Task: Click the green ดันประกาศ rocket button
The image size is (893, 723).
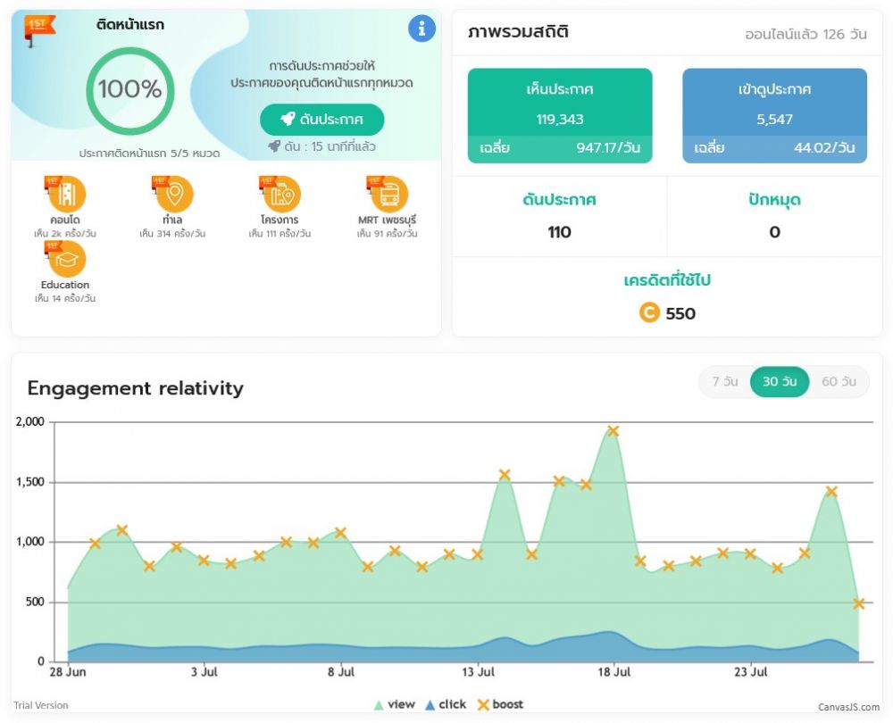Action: pyautogui.click(x=321, y=120)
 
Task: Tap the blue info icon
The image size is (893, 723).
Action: pyautogui.click(x=421, y=29)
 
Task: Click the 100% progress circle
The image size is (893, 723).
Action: pyautogui.click(x=129, y=89)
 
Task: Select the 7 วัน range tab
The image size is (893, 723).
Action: pyautogui.click(x=724, y=382)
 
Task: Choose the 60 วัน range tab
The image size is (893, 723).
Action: pyautogui.click(x=839, y=382)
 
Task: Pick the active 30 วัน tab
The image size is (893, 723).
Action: pyautogui.click(x=780, y=382)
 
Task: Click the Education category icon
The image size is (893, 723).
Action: pyautogui.click(x=67, y=259)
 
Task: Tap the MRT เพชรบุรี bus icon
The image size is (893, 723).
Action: pyautogui.click(x=388, y=194)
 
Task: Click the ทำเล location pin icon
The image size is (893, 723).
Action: pyautogui.click(x=174, y=194)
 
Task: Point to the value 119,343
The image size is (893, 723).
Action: pyautogui.click(x=560, y=119)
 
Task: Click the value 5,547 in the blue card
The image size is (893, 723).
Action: pyautogui.click(x=774, y=119)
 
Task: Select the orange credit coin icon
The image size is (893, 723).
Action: pyautogui.click(x=649, y=313)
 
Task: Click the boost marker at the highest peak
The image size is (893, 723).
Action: pyautogui.click(x=613, y=431)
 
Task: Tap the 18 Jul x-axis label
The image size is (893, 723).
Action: pyautogui.click(x=614, y=672)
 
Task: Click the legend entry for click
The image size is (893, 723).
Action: pyautogui.click(x=446, y=704)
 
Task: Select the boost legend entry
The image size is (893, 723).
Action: pyautogui.click(x=500, y=704)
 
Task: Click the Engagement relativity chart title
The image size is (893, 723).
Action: pyautogui.click(x=135, y=388)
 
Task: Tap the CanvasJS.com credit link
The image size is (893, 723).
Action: pyautogui.click(x=848, y=707)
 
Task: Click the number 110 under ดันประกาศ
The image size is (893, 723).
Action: pyautogui.click(x=559, y=232)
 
